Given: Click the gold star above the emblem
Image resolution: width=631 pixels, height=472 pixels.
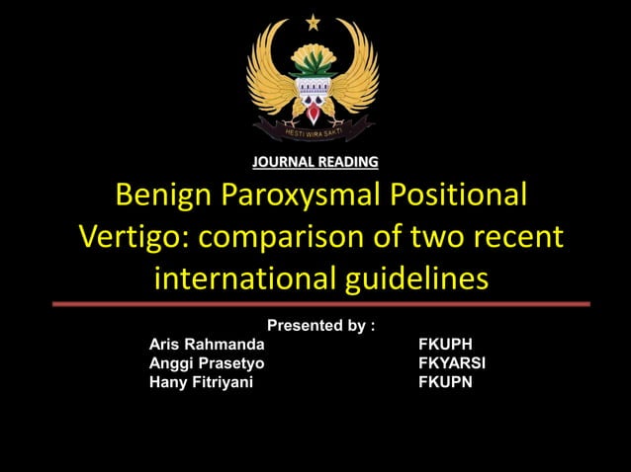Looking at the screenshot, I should click(314, 22).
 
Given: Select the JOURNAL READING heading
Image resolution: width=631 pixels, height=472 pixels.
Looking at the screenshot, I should click(315, 161).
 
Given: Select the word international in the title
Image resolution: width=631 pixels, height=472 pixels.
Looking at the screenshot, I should click(247, 279).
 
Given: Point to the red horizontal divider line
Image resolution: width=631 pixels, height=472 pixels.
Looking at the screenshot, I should click(315, 304).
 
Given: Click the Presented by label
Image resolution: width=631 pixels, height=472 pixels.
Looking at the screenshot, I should click(321, 325).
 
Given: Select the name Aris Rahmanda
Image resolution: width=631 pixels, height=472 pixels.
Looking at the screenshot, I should click(207, 345).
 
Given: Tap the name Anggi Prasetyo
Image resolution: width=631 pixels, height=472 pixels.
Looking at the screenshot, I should click(207, 363).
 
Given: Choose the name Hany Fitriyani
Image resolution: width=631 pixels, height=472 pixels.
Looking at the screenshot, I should click(201, 382).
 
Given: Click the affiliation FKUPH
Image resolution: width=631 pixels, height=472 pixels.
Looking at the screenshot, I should click(446, 345).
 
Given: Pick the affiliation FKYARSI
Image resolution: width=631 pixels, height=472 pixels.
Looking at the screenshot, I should click(452, 363).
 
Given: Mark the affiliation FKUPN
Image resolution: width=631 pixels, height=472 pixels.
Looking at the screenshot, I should click(446, 382).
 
